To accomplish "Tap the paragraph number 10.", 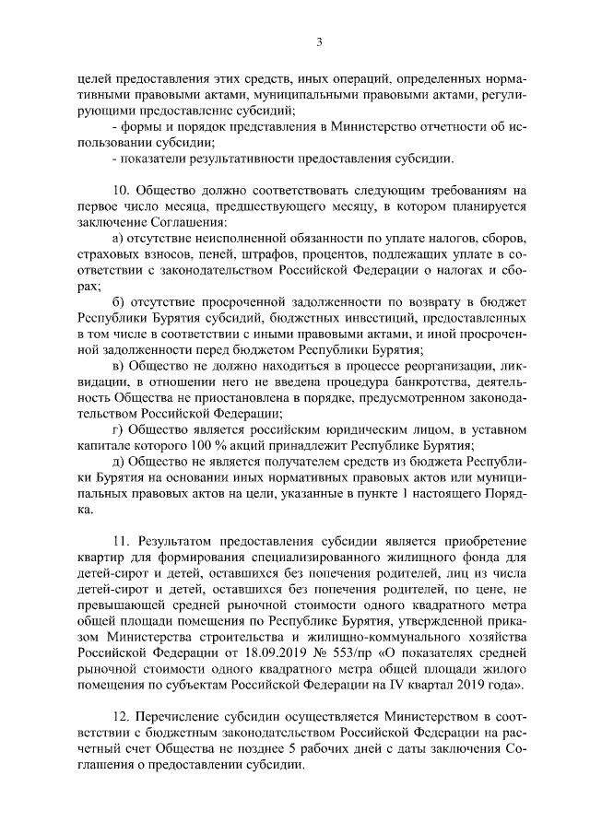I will [118, 192].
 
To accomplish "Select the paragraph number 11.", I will [118, 539].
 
